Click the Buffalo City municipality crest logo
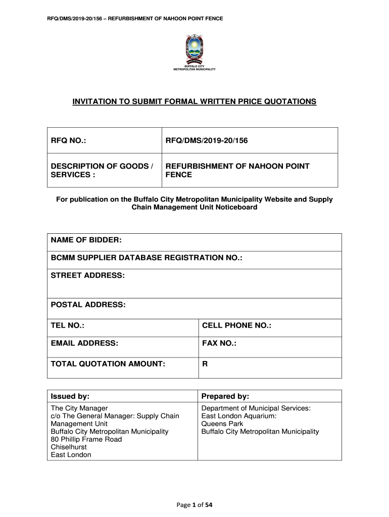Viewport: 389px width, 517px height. (x=194, y=51)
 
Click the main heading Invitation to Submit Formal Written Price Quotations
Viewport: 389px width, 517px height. (x=194, y=102)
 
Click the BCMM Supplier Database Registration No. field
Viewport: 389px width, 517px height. (x=147, y=258)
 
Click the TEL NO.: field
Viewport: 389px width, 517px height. (x=68, y=326)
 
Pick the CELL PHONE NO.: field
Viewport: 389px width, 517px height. (x=236, y=326)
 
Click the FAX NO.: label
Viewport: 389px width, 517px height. (x=219, y=344)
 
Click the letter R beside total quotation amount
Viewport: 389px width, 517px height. (x=205, y=363)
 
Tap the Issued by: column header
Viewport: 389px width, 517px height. (x=71, y=396)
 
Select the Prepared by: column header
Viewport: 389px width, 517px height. (x=225, y=396)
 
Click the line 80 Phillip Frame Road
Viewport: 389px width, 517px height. (x=86, y=439)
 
